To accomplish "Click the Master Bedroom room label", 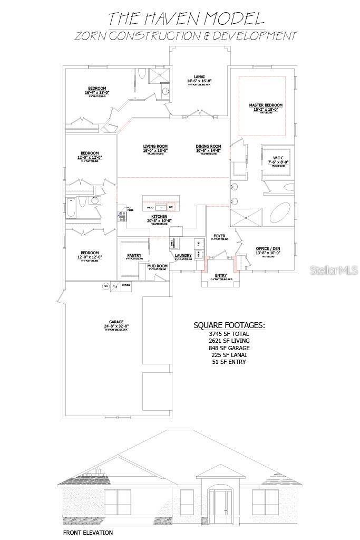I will coord(266,105).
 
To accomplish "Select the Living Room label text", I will coord(155,147).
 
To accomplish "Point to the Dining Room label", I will coord(208,147).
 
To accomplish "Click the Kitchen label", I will coord(159,217).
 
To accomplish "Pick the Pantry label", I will coord(134,256).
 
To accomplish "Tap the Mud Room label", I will coord(157,266).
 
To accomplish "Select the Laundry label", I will coord(183,256).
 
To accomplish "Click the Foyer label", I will coord(219,236).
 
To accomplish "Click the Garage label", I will coord(116,322).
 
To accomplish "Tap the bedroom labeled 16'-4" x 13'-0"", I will coord(97,88).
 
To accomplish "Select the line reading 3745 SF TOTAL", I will coord(229,334).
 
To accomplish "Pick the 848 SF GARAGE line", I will coord(229,348).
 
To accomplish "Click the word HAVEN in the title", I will coord(175,19).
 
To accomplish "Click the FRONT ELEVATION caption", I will coord(88,533).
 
